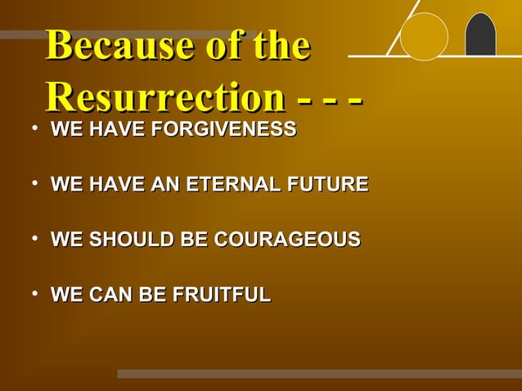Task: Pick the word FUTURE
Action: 329,185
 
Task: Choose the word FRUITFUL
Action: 221,295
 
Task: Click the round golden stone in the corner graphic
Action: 424,37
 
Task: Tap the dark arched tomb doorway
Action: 480,36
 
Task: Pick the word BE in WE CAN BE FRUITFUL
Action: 151,295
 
